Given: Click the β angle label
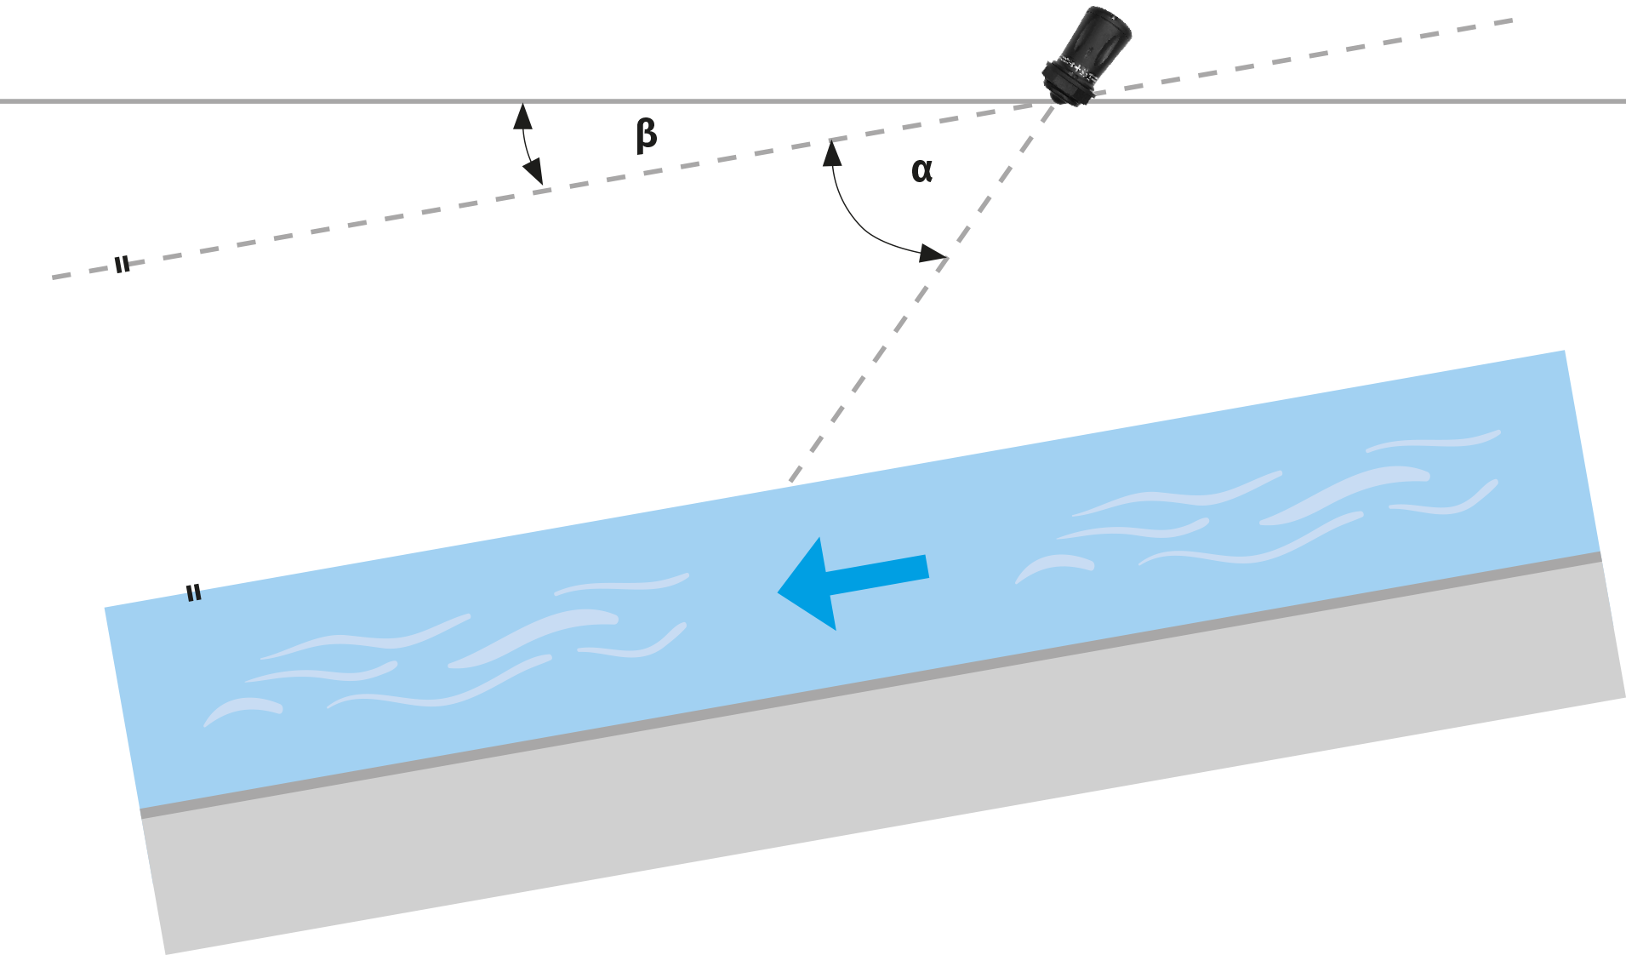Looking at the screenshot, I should tap(647, 135).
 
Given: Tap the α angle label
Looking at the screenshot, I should tap(921, 170).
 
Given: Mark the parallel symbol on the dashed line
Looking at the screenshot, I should tap(123, 265).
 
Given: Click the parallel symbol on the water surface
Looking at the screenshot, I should tap(194, 592).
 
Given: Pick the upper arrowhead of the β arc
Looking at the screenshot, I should tap(522, 116).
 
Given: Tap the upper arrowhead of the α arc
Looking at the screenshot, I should tap(832, 152).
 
